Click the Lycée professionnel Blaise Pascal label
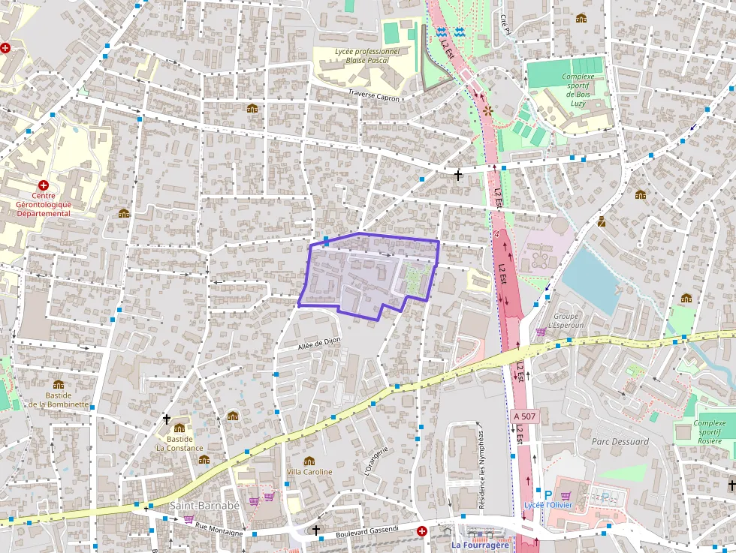tap(367, 56)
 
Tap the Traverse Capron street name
tap(373, 95)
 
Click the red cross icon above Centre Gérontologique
tap(44, 185)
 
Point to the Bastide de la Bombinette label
tap(59, 400)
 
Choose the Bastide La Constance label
tap(179, 443)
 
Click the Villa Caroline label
tap(309, 472)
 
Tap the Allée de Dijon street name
tap(319, 342)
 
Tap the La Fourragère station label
tap(480, 545)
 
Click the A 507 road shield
tap(526, 416)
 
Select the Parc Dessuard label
tap(620, 441)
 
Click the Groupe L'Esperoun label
tap(566, 320)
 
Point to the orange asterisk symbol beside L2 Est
tap(488, 110)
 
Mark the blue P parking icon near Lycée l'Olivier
tap(547, 494)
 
